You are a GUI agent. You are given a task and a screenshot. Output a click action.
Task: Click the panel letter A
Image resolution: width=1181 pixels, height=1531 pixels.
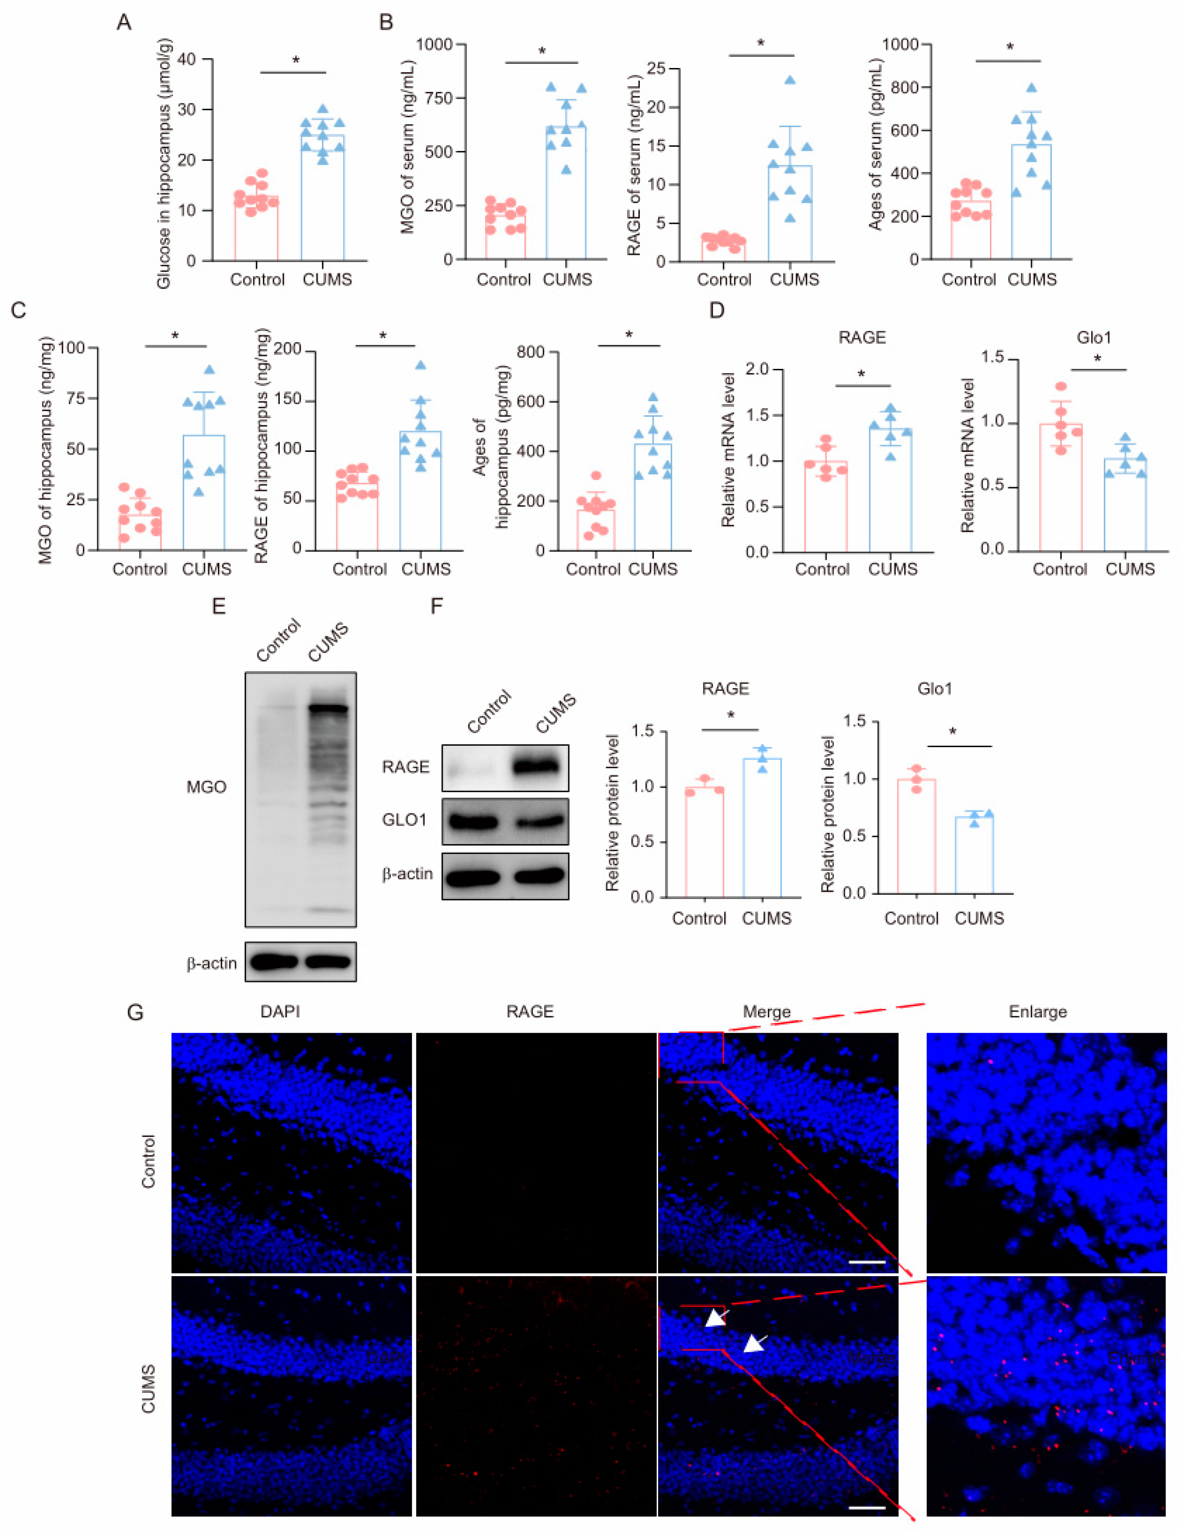point(123,23)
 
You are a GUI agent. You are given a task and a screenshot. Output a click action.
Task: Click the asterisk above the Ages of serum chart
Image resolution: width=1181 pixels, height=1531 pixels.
point(1010,48)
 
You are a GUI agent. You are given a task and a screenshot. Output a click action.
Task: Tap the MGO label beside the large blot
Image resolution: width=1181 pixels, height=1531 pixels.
point(206,787)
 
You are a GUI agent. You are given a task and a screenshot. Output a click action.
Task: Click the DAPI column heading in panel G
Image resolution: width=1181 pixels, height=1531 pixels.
point(281,1012)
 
